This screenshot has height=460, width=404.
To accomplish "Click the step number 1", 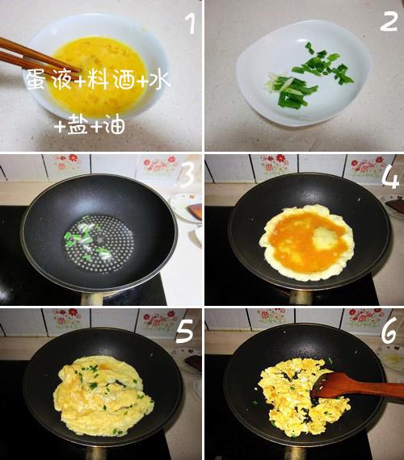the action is pyautogui.click(x=191, y=24).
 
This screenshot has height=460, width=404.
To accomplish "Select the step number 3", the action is pyautogui.click(x=187, y=175).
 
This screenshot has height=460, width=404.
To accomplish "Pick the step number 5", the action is pyautogui.click(x=184, y=331).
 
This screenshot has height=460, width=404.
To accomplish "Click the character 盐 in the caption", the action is pyautogui.click(x=78, y=125).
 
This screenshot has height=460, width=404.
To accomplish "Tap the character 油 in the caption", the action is pyautogui.click(x=115, y=125).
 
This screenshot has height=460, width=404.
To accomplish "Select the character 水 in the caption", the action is pyautogui.click(x=159, y=79).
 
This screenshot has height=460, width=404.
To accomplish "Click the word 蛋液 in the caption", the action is pyautogui.click(x=48, y=79).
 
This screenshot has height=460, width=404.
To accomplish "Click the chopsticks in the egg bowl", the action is pyautogui.click(x=38, y=57).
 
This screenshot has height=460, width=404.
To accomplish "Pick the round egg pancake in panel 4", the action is pyautogui.click(x=306, y=242).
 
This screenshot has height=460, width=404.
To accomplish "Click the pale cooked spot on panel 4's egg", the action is pyautogui.click(x=326, y=237).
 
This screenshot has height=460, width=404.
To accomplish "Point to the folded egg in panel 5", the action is pyautogui.click(x=103, y=396).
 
